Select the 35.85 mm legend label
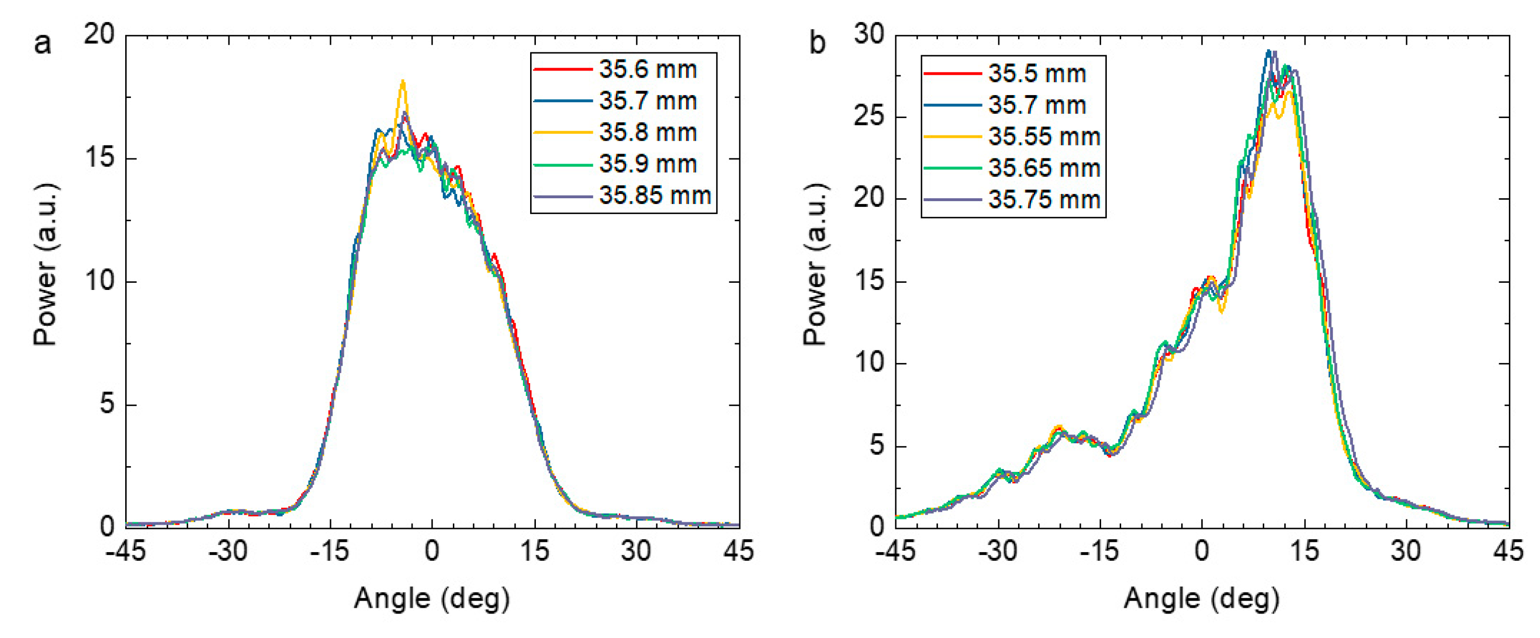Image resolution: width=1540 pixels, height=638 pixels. (654, 195)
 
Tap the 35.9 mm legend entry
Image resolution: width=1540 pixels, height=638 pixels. (648, 164)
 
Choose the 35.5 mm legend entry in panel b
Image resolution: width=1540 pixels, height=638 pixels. (1037, 73)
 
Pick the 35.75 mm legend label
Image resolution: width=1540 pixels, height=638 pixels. (1044, 200)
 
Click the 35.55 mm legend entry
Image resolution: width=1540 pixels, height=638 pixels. (1044, 137)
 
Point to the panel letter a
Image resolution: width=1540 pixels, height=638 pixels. (42, 43)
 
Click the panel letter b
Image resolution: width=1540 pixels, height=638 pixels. (817, 43)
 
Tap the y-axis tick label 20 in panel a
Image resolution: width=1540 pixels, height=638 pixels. (99, 34)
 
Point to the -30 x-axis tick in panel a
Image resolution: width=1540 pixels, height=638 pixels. (227, 550)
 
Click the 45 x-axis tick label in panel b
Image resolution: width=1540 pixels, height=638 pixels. (1508, 550)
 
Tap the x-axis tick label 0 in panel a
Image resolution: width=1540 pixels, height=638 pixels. (432, 550)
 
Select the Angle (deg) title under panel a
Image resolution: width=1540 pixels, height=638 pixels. (432, 599)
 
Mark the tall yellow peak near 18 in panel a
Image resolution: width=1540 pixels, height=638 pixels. (403, 82)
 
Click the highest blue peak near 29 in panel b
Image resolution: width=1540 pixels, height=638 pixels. (1268, 52)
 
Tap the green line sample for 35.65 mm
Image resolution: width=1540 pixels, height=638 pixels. (952, 168)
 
